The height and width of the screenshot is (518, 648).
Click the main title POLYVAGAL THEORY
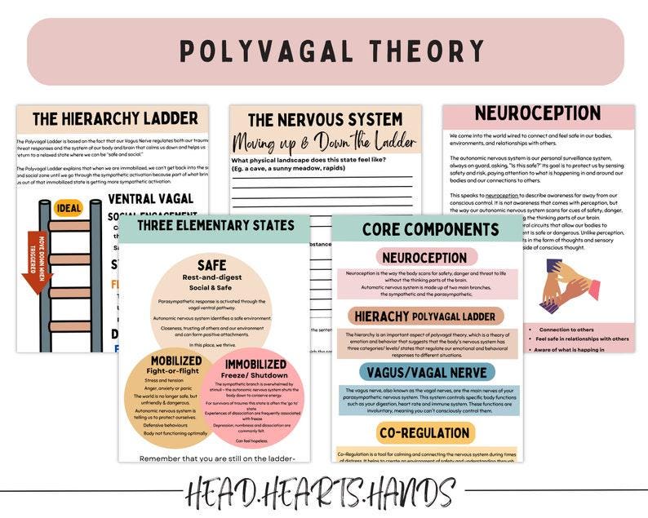(x=324, y=52)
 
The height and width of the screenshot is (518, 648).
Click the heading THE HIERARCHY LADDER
(x=114, y=118)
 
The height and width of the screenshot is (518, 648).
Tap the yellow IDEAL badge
(x=69, y=208)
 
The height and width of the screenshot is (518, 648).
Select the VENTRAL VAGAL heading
(x=150, y=198)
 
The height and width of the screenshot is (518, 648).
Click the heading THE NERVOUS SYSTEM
(x=325, y=120)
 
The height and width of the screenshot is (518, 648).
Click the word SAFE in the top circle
(x=211, y=265)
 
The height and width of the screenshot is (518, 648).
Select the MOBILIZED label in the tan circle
(x=175, y=361)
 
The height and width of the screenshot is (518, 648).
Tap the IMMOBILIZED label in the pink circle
(x=255, y=363)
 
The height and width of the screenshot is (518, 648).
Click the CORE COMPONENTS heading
(x=427, y=230)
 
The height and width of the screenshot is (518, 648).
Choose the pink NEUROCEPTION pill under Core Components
(x=426, y=258)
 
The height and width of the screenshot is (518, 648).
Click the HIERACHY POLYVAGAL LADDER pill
(x=426, y=316)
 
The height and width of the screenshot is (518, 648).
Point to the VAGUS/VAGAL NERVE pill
(x=426, y=373)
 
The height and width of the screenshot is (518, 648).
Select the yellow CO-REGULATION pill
(x=426, y=432)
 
